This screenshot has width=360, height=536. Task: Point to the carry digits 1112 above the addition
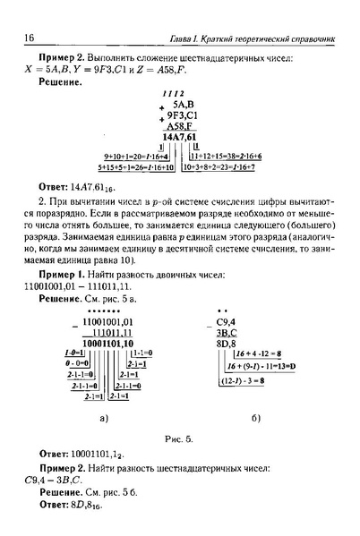click(171, 93)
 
